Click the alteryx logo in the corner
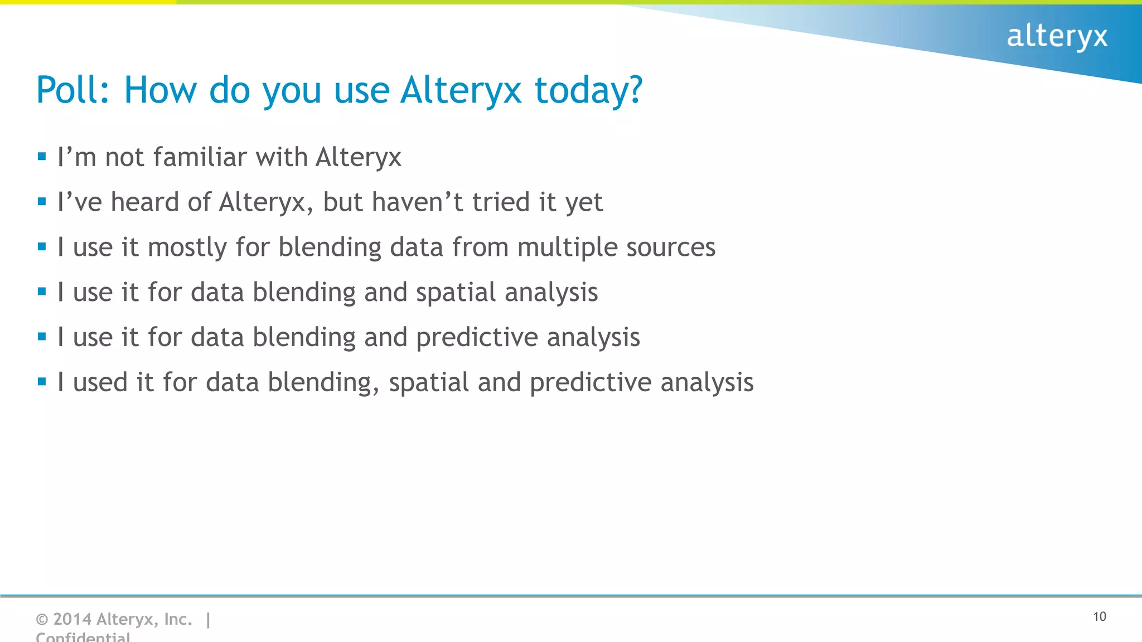(x=1057, y=37)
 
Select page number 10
(x=1099, y=616)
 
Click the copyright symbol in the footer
(x=42, y=619)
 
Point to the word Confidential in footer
(x=83, y=636)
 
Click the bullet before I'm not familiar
(x=42, y=157)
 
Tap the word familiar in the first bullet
(x=200, y=157)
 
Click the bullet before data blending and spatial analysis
(x=42, y=291)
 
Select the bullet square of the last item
(x=42, y=382)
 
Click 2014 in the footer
(x=72, y=619)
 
